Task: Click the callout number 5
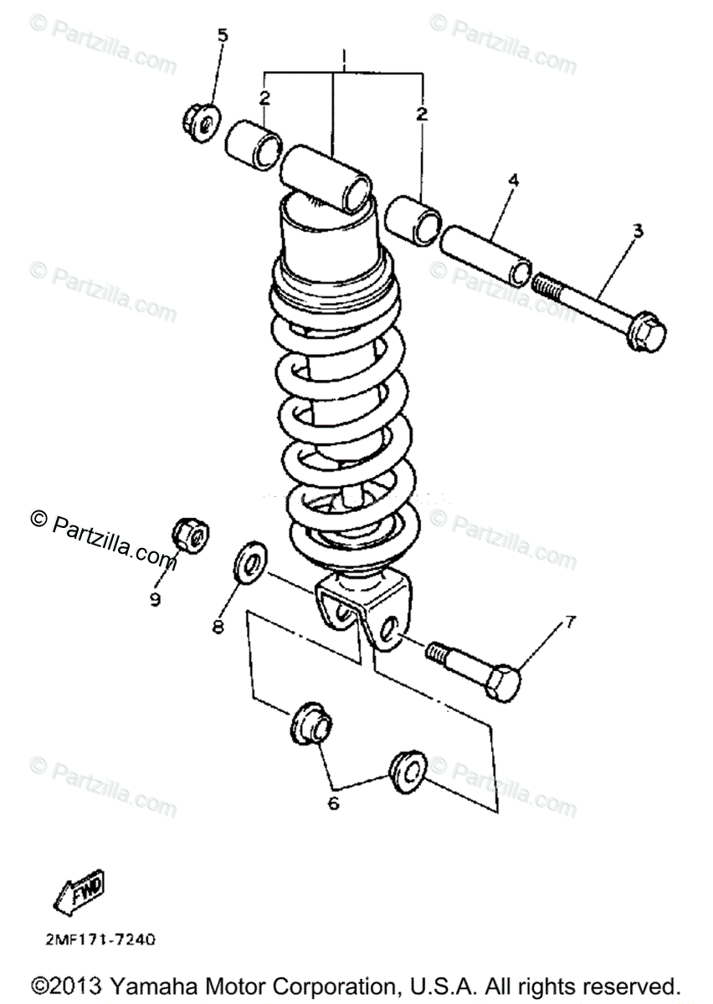tap(222, 35)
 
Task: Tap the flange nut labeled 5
tap(199, 123)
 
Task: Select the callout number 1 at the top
tap(344, 57)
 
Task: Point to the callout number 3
tap(638, 232)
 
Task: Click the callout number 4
tap(513, 180)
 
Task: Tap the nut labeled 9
tap(191, 536)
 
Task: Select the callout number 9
tap(156, 599)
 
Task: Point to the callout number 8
tap(218, 626)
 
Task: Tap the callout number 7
tap(570, 622)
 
